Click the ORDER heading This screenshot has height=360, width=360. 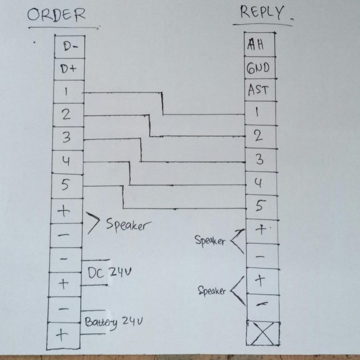56,15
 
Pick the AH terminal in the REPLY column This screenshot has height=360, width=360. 256,44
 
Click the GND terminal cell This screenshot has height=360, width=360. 257,68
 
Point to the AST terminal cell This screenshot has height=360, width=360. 258,90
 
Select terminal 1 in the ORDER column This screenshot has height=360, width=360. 67,93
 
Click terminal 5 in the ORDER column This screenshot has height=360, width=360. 66,186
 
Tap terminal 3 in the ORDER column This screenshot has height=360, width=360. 66,138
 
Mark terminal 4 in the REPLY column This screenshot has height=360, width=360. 259,183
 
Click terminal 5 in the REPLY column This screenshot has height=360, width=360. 259,206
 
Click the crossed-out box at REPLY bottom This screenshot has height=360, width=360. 262,333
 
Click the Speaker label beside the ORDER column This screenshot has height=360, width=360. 128,225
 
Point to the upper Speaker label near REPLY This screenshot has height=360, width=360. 209,240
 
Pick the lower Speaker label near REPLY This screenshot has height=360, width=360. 212,291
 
